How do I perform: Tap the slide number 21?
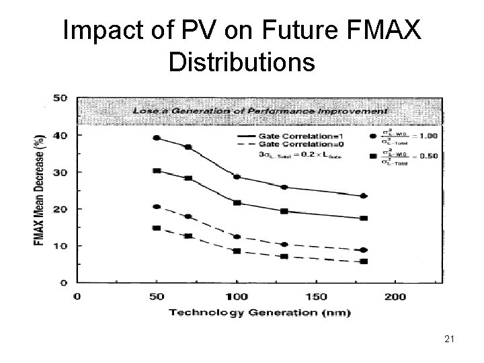(x=450, y=341)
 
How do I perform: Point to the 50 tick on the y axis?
(x=60, y=98)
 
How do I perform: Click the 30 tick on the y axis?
(x=60, y=173)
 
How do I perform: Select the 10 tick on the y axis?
(x=60, y=246)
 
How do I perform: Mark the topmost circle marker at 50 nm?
(x=157, y=138)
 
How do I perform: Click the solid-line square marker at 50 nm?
(x=157, y=171)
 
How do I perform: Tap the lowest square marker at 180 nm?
(x=364, y=261)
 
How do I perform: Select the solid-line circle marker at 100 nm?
(x=237, y=177)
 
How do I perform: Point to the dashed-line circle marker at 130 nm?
(x=284, y=245)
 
